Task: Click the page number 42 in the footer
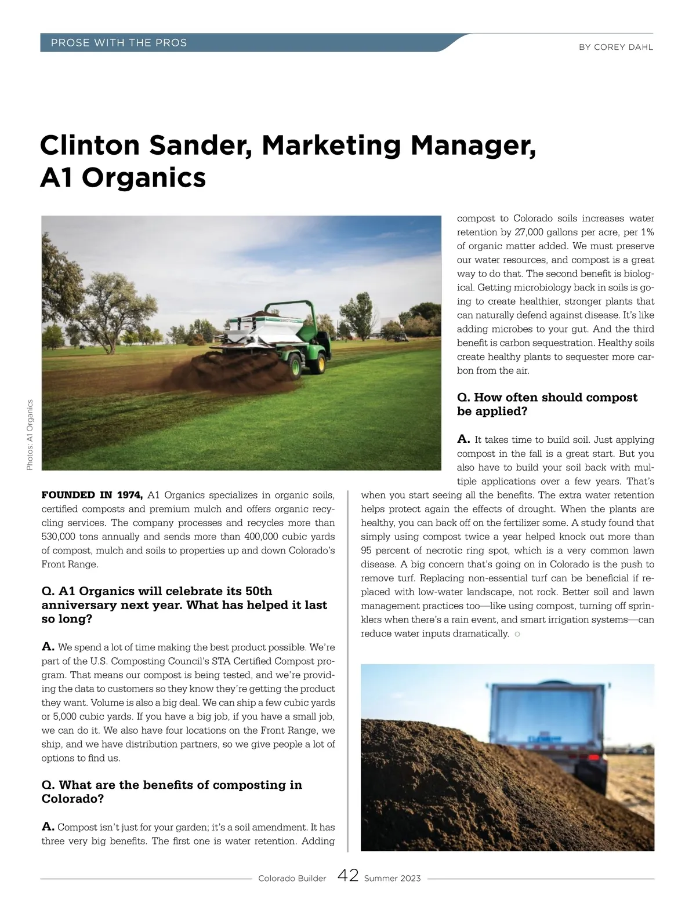[347, 875]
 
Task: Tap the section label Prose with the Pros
[119, 43]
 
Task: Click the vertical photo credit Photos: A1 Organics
[30, 435]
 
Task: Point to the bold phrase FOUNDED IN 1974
[92, 495]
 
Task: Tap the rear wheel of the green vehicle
[296, 365]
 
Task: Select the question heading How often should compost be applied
[547, 404]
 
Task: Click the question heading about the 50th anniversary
[184, 605]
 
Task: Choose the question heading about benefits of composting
[172, 791]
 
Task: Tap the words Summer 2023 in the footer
[392, 879]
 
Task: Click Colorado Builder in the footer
[292, 879]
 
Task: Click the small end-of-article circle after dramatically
[517, 634]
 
